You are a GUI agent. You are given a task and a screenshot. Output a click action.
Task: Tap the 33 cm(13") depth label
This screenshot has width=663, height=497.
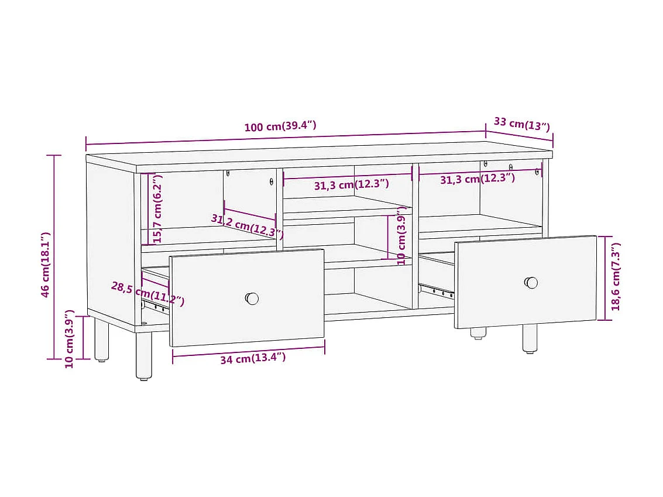click(x=521, y=124)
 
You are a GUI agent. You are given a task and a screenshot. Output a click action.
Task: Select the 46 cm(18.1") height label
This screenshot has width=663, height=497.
click(x=46, y=265)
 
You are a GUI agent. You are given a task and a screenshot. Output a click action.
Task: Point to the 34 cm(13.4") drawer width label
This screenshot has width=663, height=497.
click(x=253, y=358)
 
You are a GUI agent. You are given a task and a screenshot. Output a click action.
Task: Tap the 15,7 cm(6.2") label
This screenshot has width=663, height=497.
click(x=156, y=208)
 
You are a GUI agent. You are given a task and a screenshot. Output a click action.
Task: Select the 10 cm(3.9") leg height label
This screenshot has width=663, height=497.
click(x=70, y=338)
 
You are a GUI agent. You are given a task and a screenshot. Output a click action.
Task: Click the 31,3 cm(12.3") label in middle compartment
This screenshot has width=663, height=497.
click(x=351, y=185)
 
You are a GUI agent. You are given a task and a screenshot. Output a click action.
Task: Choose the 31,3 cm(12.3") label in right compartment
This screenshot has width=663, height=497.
click(x=477, y=179)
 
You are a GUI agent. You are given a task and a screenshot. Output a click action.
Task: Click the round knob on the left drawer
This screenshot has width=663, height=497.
click(x=252, y=299)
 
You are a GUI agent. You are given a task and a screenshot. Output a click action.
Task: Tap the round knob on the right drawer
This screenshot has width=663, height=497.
click(x=531, y=283)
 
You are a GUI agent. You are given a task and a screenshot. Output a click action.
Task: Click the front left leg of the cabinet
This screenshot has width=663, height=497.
click(x=143, y=355)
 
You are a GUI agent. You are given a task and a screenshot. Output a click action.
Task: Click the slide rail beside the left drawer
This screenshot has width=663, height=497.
click(x=155, y=304)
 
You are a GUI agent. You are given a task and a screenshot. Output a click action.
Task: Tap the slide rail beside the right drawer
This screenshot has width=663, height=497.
click(x=437, y=290)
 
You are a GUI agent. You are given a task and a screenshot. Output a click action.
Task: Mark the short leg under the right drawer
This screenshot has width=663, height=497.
click(x=478, y=333)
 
